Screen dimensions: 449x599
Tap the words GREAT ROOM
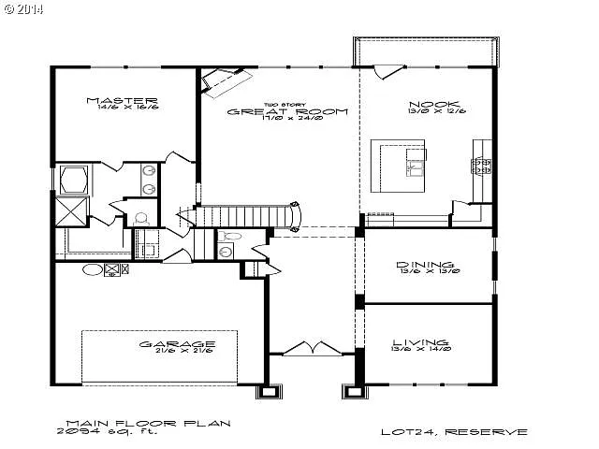[288, 111]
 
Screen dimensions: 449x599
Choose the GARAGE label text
[178, 343]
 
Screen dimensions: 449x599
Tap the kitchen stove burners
[482, 167]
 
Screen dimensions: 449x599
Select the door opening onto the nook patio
[386, 71]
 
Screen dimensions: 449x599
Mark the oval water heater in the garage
[93, 269]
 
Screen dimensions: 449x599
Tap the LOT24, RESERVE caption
[454, 432]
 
